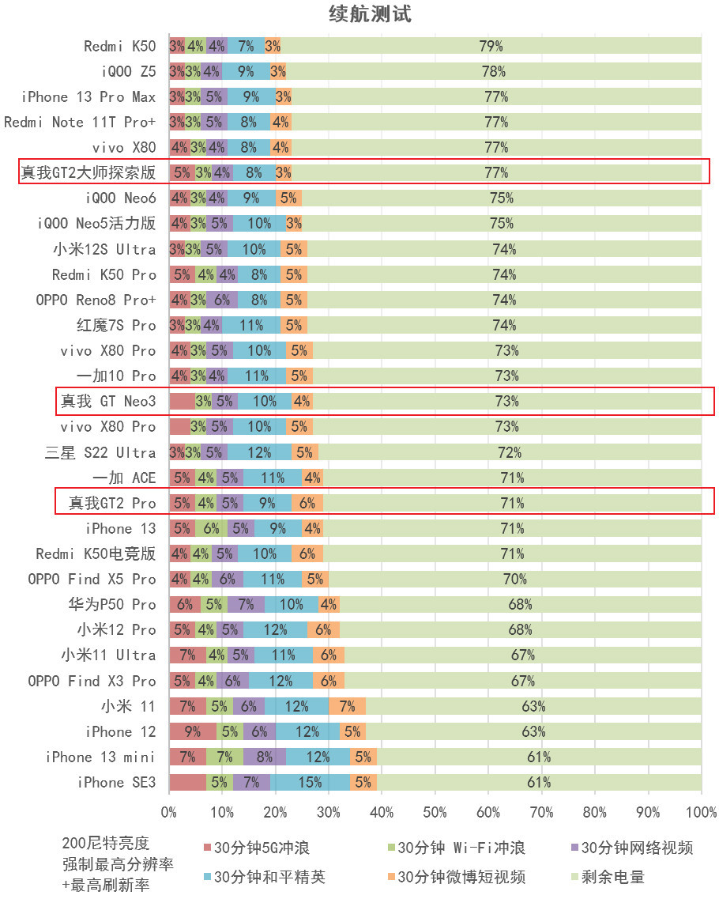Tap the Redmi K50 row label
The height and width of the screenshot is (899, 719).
120,46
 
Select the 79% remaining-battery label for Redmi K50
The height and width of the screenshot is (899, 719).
491,46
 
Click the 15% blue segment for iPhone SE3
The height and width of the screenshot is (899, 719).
310,783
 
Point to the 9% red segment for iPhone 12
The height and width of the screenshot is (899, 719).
192,731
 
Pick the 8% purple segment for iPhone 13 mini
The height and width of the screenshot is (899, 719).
264,757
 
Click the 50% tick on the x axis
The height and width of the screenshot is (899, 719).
435,812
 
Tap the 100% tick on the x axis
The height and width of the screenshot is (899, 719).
700,812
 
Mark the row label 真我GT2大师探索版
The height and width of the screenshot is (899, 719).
88,172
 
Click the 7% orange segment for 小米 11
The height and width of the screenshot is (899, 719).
347,706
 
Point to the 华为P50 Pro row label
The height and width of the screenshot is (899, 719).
112,605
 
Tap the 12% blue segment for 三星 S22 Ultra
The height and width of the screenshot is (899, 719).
259,452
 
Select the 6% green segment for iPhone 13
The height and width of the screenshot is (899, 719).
211,528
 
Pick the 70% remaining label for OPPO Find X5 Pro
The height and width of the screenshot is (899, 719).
514,579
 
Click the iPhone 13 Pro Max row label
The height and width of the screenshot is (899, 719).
88,96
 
